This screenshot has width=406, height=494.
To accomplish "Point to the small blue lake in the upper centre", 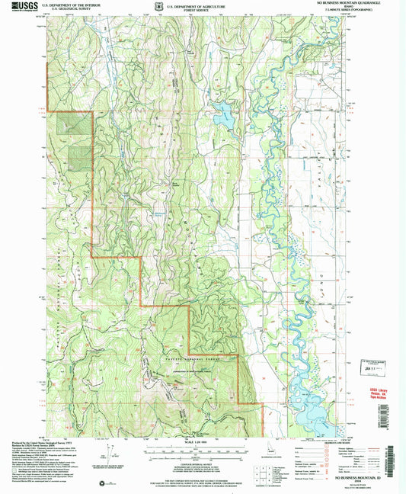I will coord(225,115).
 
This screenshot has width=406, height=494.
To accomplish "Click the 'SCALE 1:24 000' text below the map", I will coord(195,443).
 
